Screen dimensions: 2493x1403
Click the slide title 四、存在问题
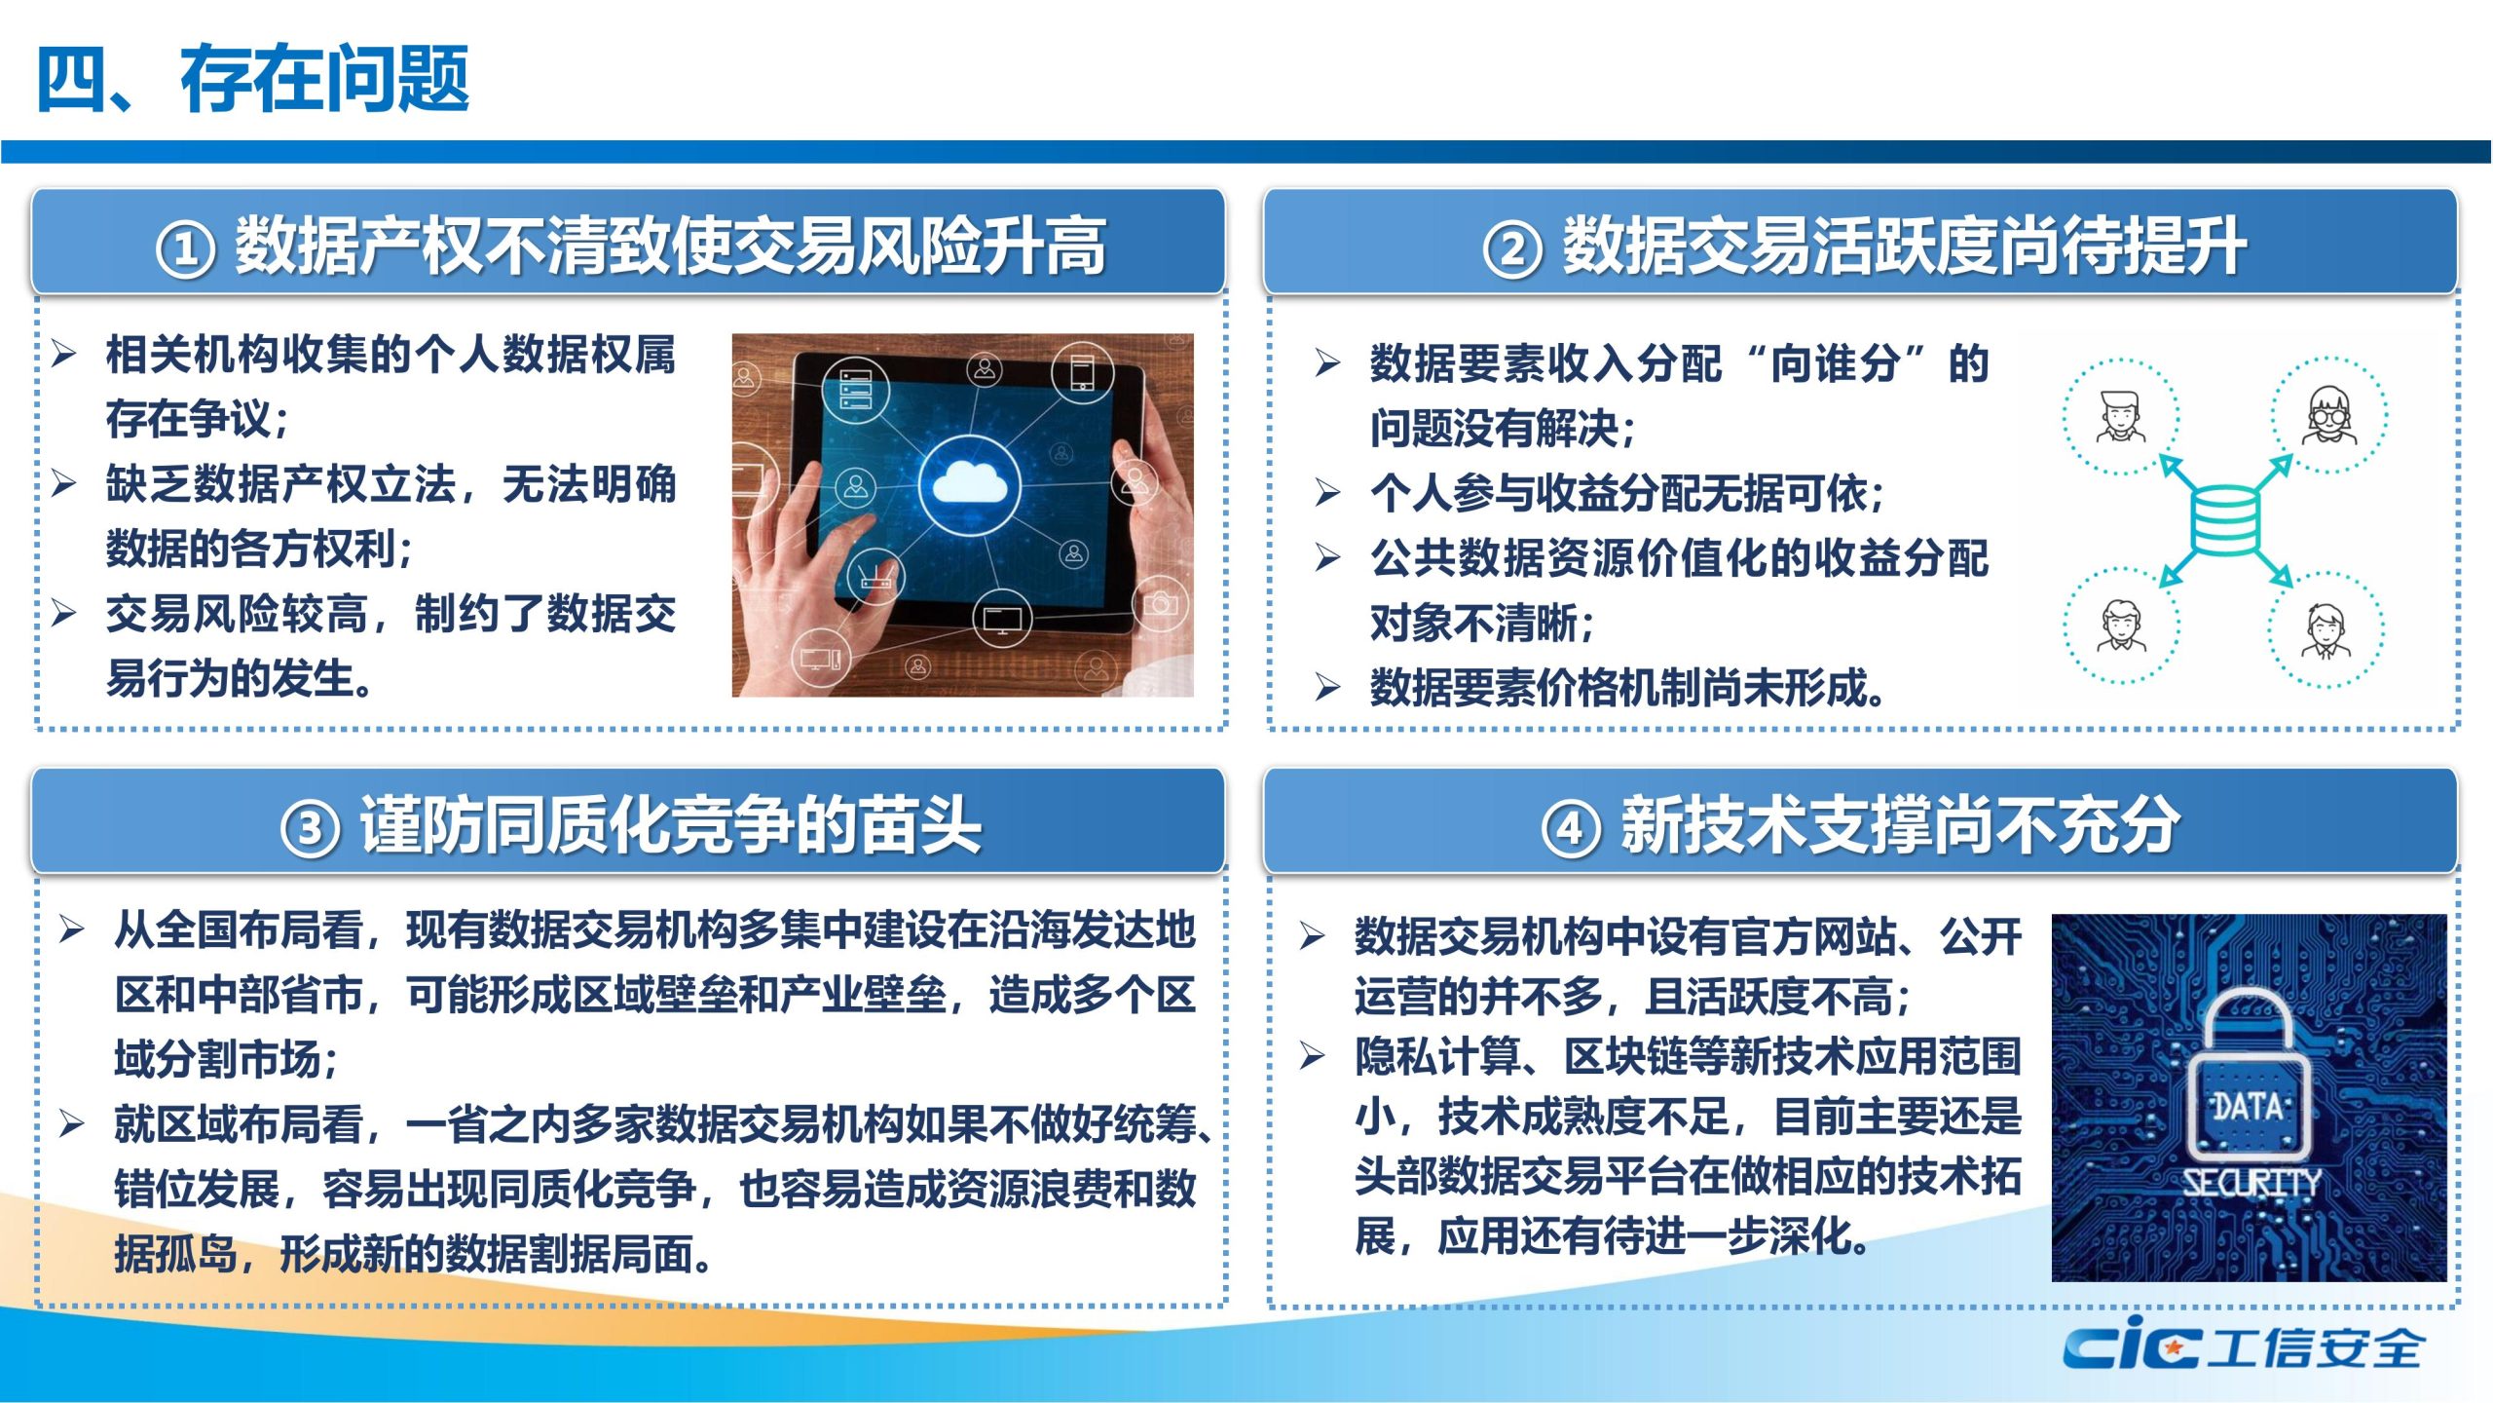point(253,78)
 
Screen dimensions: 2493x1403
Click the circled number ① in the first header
point(185,249)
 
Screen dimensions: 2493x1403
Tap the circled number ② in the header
point(1512,249)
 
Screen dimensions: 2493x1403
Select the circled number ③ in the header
point(311,828)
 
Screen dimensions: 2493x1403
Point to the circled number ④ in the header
point(1571,828)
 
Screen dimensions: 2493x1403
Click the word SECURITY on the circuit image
point(2251,1183)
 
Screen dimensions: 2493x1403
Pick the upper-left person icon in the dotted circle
point(2120,417)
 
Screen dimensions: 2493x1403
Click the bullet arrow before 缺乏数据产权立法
point(64,483)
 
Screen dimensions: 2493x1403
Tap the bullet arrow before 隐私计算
point(1313,1055)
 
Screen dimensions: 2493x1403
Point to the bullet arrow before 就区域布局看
point(71,1123)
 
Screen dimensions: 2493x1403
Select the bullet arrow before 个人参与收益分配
point(1328,492)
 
